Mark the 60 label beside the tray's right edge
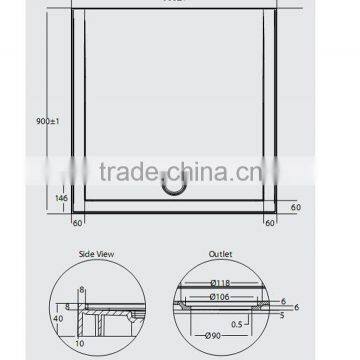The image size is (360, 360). point(294,206)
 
